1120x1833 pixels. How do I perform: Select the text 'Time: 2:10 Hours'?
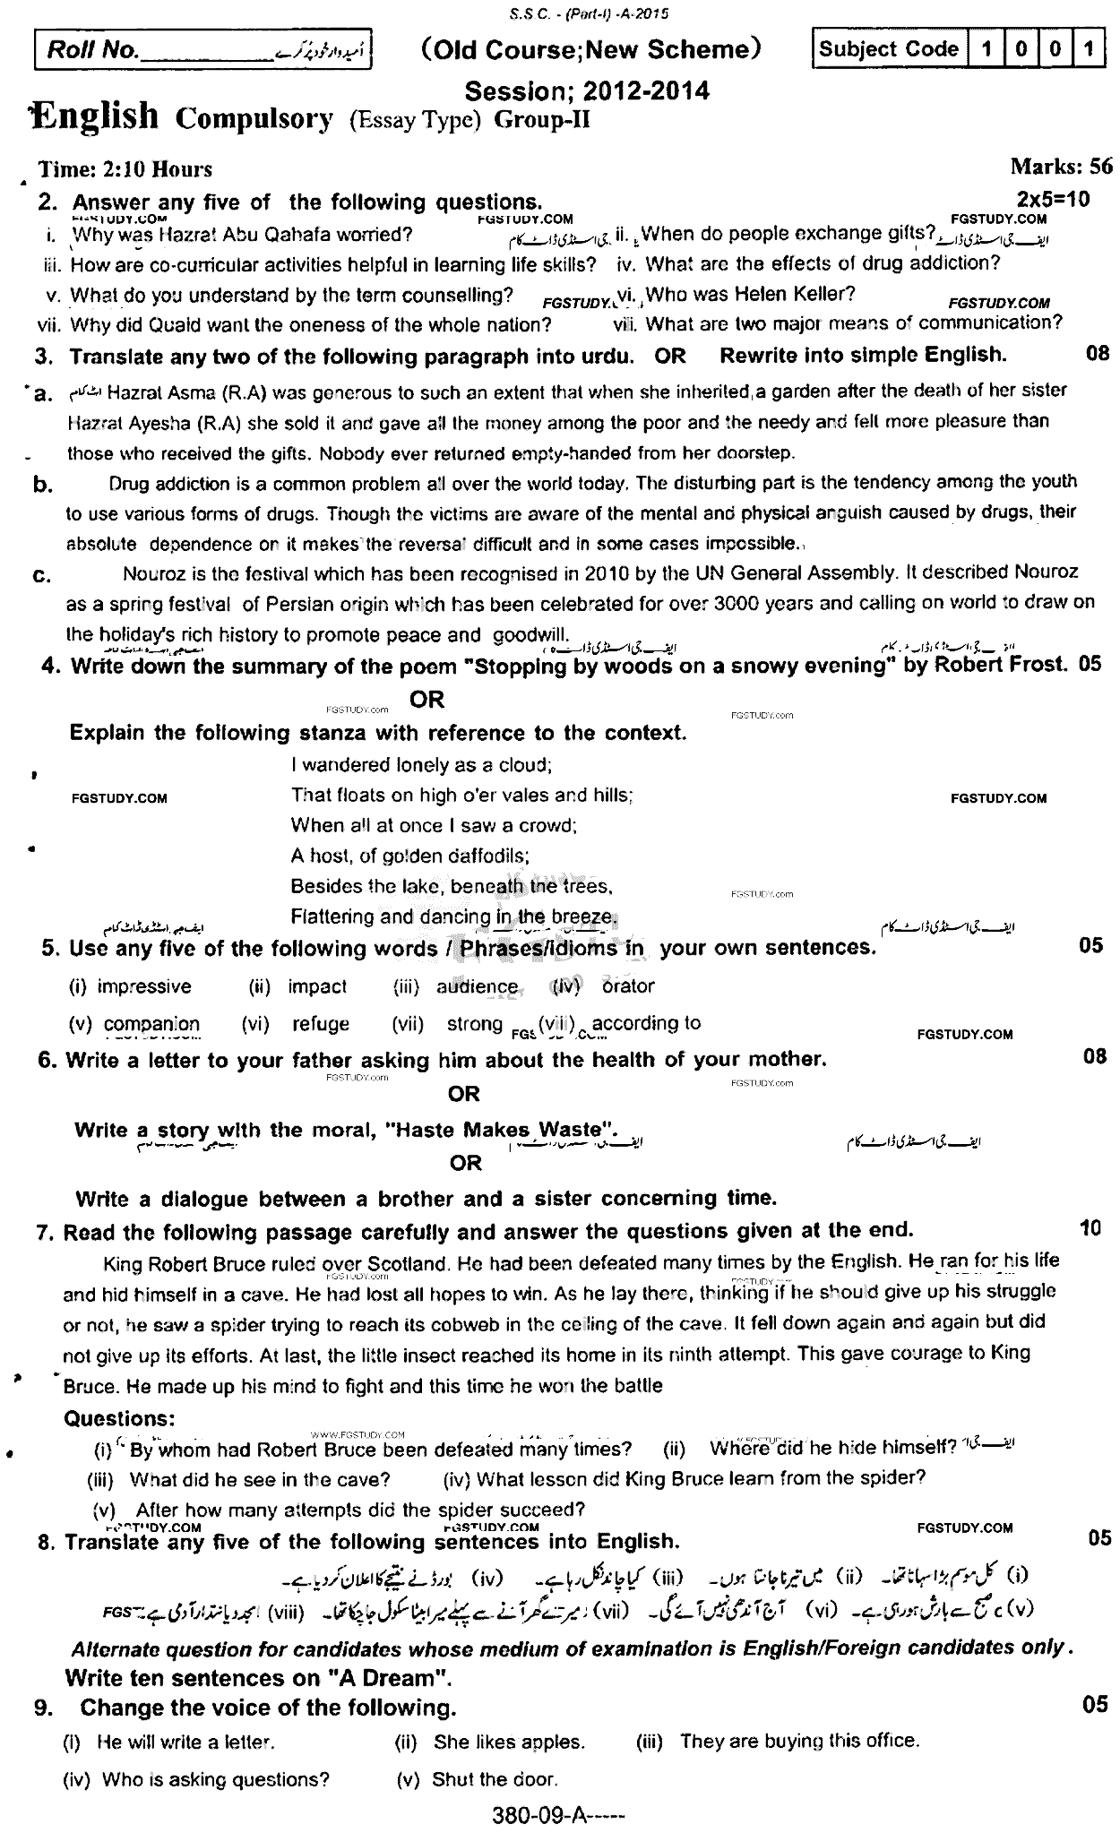125,169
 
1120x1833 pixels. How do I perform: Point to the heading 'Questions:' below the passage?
119,1418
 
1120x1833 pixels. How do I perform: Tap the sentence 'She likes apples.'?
508,1742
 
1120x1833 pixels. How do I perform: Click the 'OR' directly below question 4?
427,699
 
